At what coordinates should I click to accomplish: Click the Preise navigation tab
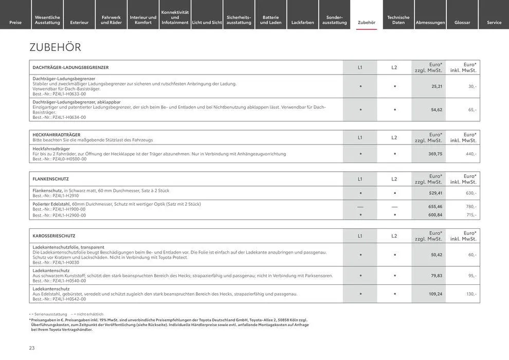[x=15, y=22]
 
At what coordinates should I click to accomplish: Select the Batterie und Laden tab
[x=270, y=20]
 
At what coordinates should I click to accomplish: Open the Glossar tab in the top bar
[x=462, y=22]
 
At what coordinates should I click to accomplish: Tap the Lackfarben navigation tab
[x=302, y=22]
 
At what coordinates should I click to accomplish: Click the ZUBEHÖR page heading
[x=56, y=47]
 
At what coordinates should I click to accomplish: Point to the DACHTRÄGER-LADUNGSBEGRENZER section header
[x=70, y=67]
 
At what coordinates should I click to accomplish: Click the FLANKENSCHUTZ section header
[x=50, y=179]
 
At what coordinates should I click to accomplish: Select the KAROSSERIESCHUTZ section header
[x=54, y=236]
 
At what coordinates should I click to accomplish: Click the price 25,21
[x=437, y=86]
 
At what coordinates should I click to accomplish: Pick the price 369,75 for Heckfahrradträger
[x=435, y=154]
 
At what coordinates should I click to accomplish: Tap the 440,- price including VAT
[x=471, y=154]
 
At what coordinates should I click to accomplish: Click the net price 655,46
[x=435, y=206]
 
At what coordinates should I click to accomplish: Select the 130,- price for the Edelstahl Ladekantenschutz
[x=471, y=294]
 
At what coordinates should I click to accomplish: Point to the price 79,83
[x=437, y=276]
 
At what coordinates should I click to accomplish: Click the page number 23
[x=32, y=348]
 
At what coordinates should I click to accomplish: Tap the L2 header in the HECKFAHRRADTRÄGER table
[x=394, y=137]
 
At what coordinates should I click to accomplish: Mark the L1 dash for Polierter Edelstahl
[x=360, y=206]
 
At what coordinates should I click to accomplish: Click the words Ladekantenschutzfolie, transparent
[x=68, y=247]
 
